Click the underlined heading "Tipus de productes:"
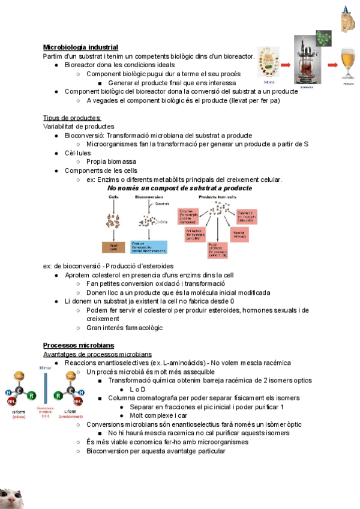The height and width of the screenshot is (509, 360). pyautogui.click(x=72, y=118)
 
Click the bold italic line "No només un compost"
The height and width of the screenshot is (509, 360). pyautogui.click(x=179, y=188)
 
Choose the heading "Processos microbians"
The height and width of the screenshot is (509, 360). pyautogui.click(x=79, y=345)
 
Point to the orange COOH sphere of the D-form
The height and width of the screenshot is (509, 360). pyautogui.click(x=19, y=377)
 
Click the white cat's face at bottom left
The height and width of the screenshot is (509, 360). pyautogui.click(x=12, y=496)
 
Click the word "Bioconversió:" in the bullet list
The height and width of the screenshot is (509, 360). pyautogui.click(x=84, y=136)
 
